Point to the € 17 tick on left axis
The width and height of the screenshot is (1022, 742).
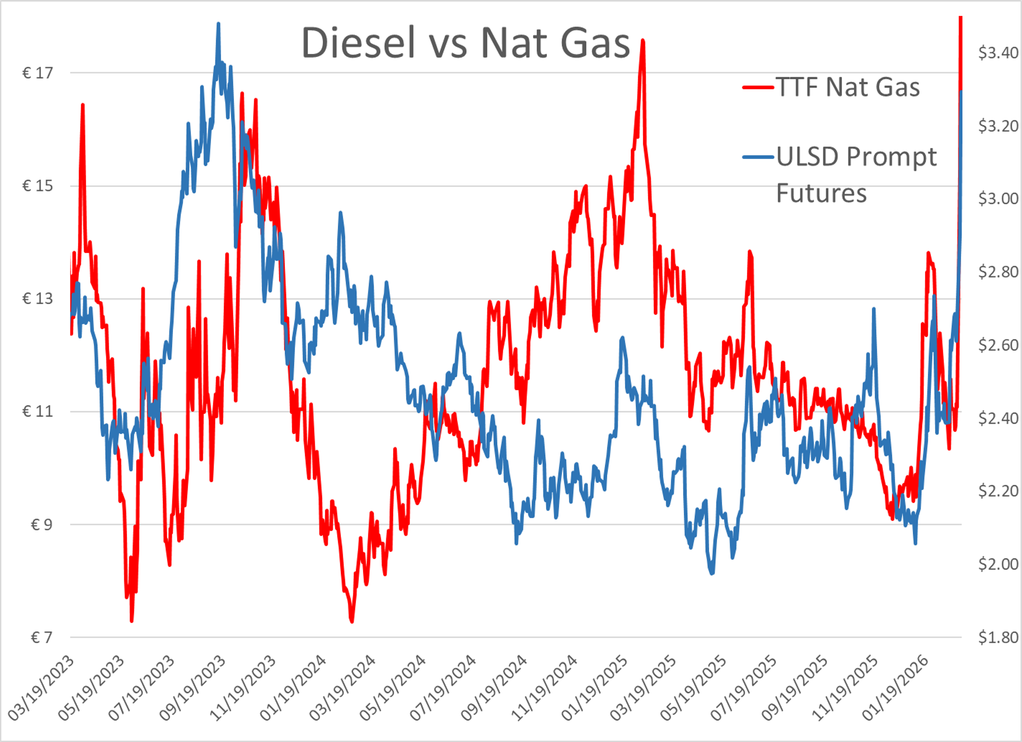[x=38, y=73]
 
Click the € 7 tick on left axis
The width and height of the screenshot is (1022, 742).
[x=42, y=637]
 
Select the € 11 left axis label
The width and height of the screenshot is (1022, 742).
[x=38, y=411]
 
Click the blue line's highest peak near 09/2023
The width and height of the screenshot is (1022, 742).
[x=219, y=23]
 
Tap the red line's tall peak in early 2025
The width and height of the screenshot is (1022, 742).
[x=642, y=40]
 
